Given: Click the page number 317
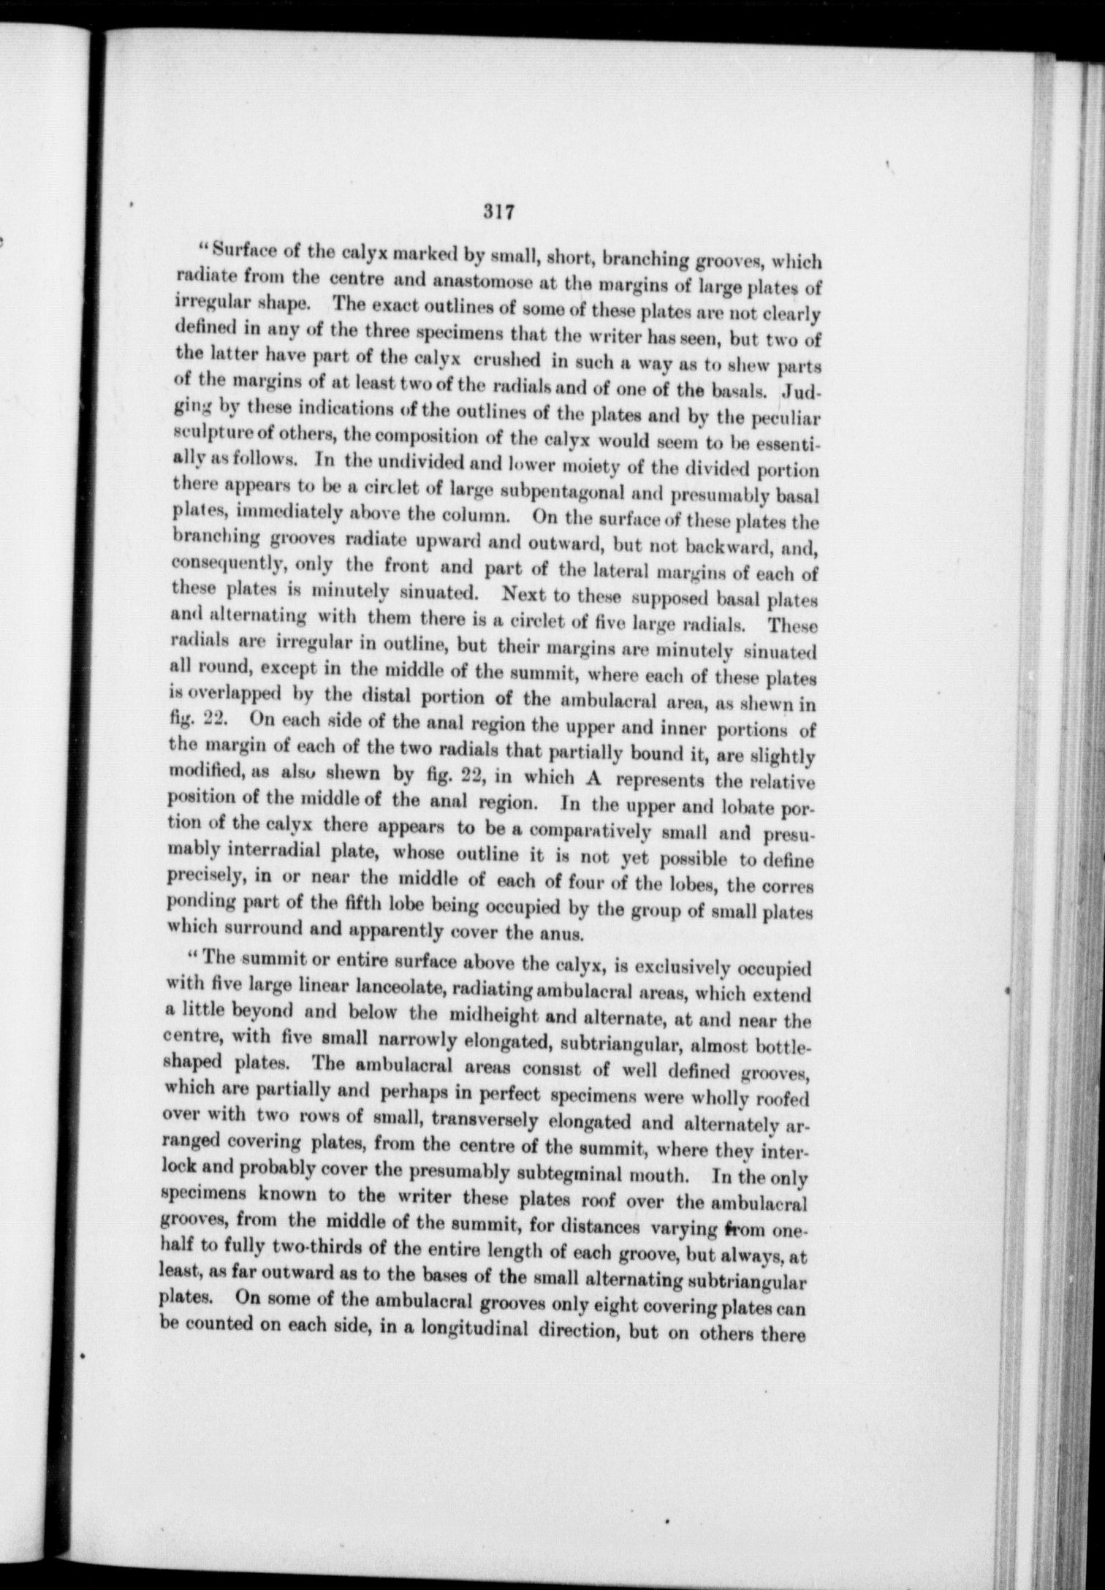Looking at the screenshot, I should [500, 213].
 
